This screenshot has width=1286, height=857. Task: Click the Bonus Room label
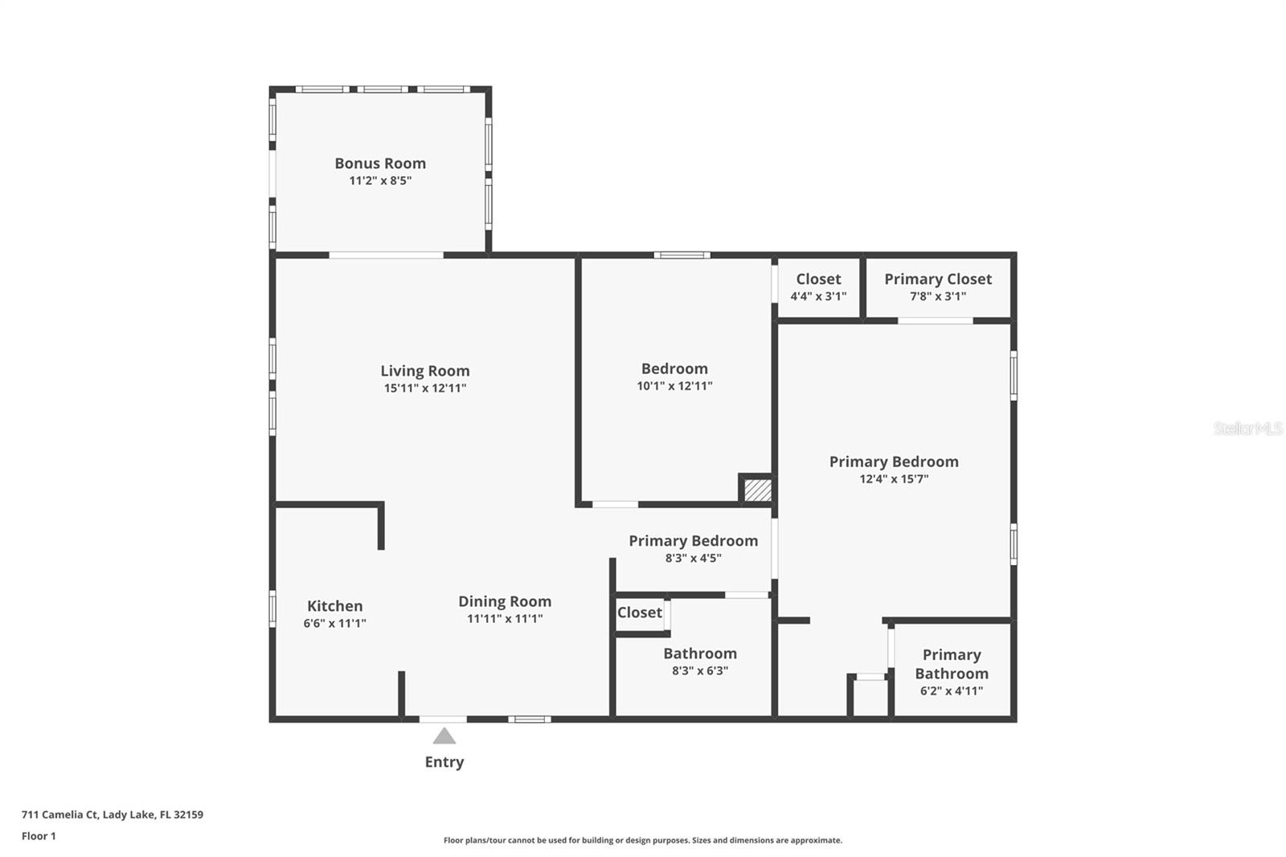(x=380, y=163)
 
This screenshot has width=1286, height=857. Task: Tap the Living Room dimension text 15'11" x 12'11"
(x=425, y=388)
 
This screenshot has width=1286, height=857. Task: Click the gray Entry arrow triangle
(x=444, y=736)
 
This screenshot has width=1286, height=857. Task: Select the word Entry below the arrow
(x=444, y=762)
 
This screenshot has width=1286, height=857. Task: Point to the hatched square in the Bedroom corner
(x=757, y=490)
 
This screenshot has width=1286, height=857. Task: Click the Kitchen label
(x=334, y=606)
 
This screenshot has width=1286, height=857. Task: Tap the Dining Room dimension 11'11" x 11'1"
(x=505, y=619)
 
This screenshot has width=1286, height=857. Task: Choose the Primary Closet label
(x=938, y=279)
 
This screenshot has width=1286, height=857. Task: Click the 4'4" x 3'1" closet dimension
(x=818, y=297)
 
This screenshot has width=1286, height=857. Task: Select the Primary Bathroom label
(x=952, y=664)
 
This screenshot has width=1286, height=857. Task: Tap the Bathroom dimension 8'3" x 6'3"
(x=700, y=671)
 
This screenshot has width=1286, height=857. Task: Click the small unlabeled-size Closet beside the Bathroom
(x=640, y=613)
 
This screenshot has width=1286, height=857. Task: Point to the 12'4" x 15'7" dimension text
(x=894, y=479)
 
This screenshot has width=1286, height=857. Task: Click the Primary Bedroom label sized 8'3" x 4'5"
(x=693, y=541)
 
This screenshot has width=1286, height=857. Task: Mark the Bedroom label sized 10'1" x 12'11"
(x=674, y=369)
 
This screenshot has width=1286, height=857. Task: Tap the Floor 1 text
(x=39, y=836)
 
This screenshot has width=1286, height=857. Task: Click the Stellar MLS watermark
(x=1247, y=428)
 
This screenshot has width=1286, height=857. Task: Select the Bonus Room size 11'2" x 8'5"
(x=380, y=181)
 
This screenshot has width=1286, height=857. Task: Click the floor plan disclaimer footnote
(x=643, y=840)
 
